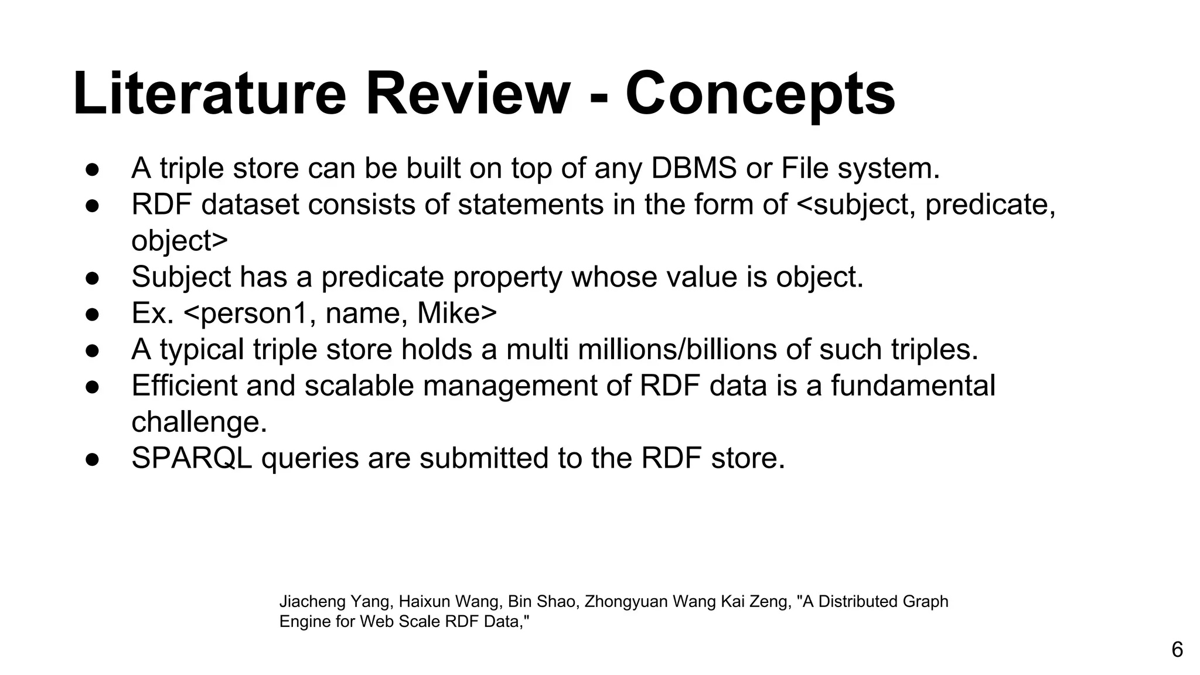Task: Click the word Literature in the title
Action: tap(210, 94)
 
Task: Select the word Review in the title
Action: tap(468, 94)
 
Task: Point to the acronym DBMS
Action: tap(694, 168)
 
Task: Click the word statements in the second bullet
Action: tap(530, 204)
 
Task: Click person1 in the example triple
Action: tap(252, 314)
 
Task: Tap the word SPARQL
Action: tap(192, 458)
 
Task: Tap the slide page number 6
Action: tap(1177, 650)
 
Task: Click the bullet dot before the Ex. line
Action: tap(93, 314)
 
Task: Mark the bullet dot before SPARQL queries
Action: tap(93, 459)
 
